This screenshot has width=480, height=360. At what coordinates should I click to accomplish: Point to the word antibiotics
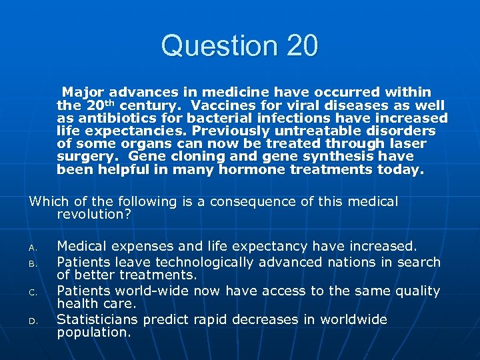[107, 118]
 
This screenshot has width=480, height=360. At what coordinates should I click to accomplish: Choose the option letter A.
[32, 247]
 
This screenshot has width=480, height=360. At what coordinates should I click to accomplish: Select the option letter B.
[32, 263]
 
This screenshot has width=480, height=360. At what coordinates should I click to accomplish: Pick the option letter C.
[32, 291]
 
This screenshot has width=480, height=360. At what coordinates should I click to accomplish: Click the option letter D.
[32, 321]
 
